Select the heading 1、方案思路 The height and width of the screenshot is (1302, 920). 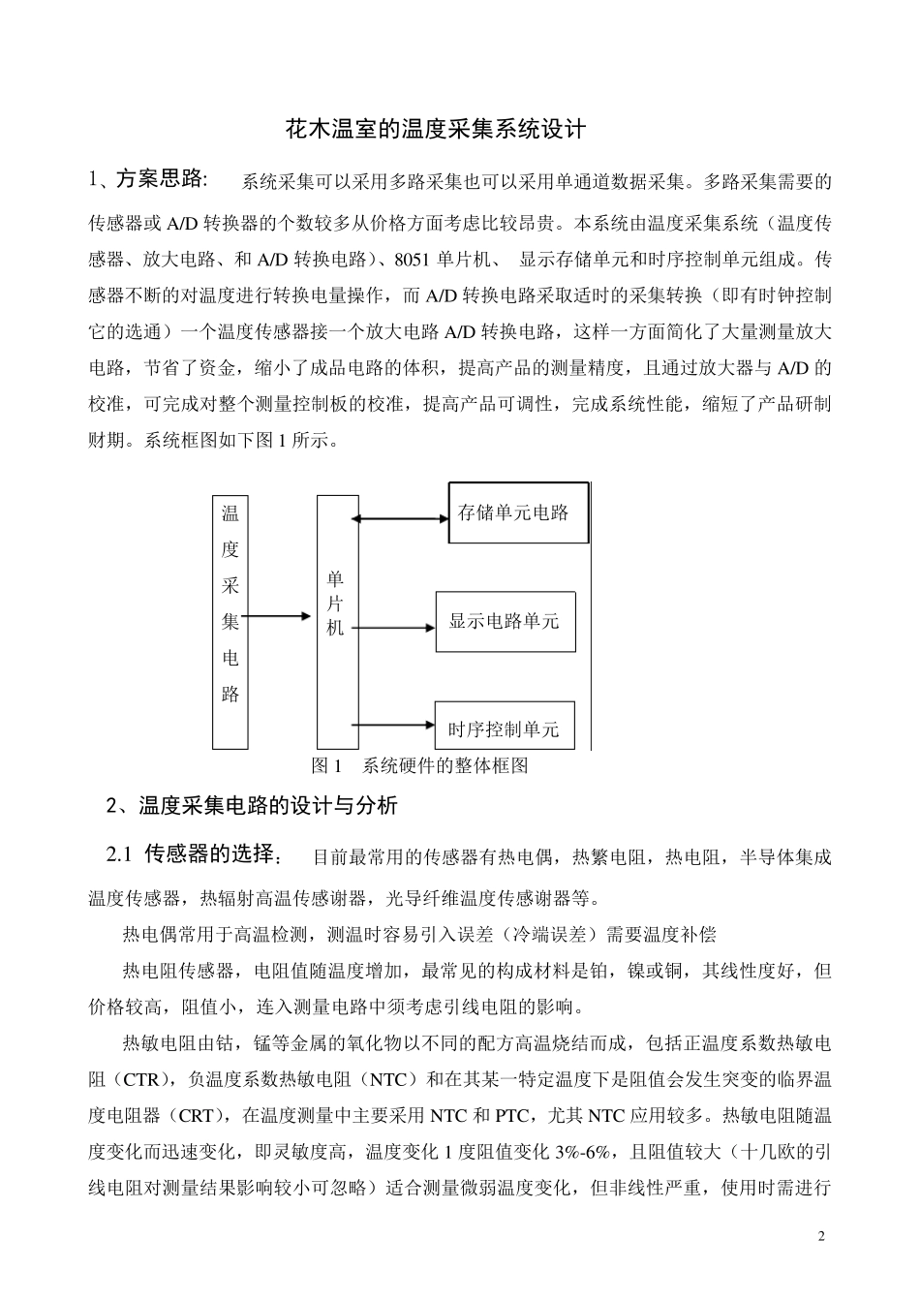click(x=146, y=179)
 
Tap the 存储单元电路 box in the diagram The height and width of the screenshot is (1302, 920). click(x=518, y=512)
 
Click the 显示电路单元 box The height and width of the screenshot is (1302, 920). click(x=505, y=621)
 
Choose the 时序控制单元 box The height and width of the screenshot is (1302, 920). click(x=505, y=727)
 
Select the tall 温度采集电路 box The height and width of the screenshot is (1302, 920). click(x=230, y=621)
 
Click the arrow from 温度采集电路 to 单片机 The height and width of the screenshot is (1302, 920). click(x=280, y=615)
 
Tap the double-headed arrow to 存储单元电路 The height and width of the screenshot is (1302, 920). click(x=399, y=519)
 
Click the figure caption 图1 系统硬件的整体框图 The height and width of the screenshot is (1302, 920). click(x=420, y=766)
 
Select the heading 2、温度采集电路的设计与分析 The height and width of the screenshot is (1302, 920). click(x=252, y=805)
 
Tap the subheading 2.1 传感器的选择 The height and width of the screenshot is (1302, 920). click(x=194, y=855)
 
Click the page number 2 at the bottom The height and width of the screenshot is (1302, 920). click(x=820, y=1236)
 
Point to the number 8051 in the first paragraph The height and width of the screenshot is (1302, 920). click(x=415, y=259)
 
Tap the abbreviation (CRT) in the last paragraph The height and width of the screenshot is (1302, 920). click(x=197, y=1116)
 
